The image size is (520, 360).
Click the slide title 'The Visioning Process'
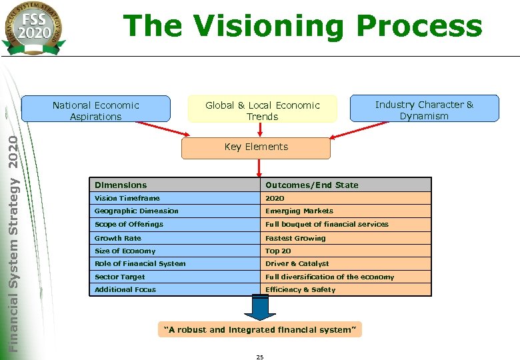pos(303,26)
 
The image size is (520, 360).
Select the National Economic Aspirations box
pos(95,111)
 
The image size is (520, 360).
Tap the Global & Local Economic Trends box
pos(262,111)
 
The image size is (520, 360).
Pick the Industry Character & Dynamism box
pos(424,110)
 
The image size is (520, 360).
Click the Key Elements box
pos(256,147)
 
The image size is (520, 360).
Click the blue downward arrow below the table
pos(260,307)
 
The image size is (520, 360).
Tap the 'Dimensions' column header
pos(121,185)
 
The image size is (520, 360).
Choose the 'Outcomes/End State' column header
pos(311,185)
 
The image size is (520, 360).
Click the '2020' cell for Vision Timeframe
pos(275,198)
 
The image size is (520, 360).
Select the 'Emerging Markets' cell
pos(299,211)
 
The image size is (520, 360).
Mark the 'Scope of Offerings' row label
pos(129,224)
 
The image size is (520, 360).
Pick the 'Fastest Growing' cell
pos(295,238)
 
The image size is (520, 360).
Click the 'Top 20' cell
pos(278,251)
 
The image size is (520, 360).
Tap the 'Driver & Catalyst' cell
pos(297,263)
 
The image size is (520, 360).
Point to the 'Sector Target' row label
pos(119,277)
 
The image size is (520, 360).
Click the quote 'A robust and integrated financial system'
pos(260,330)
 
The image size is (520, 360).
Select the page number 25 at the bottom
pos(260,357)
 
